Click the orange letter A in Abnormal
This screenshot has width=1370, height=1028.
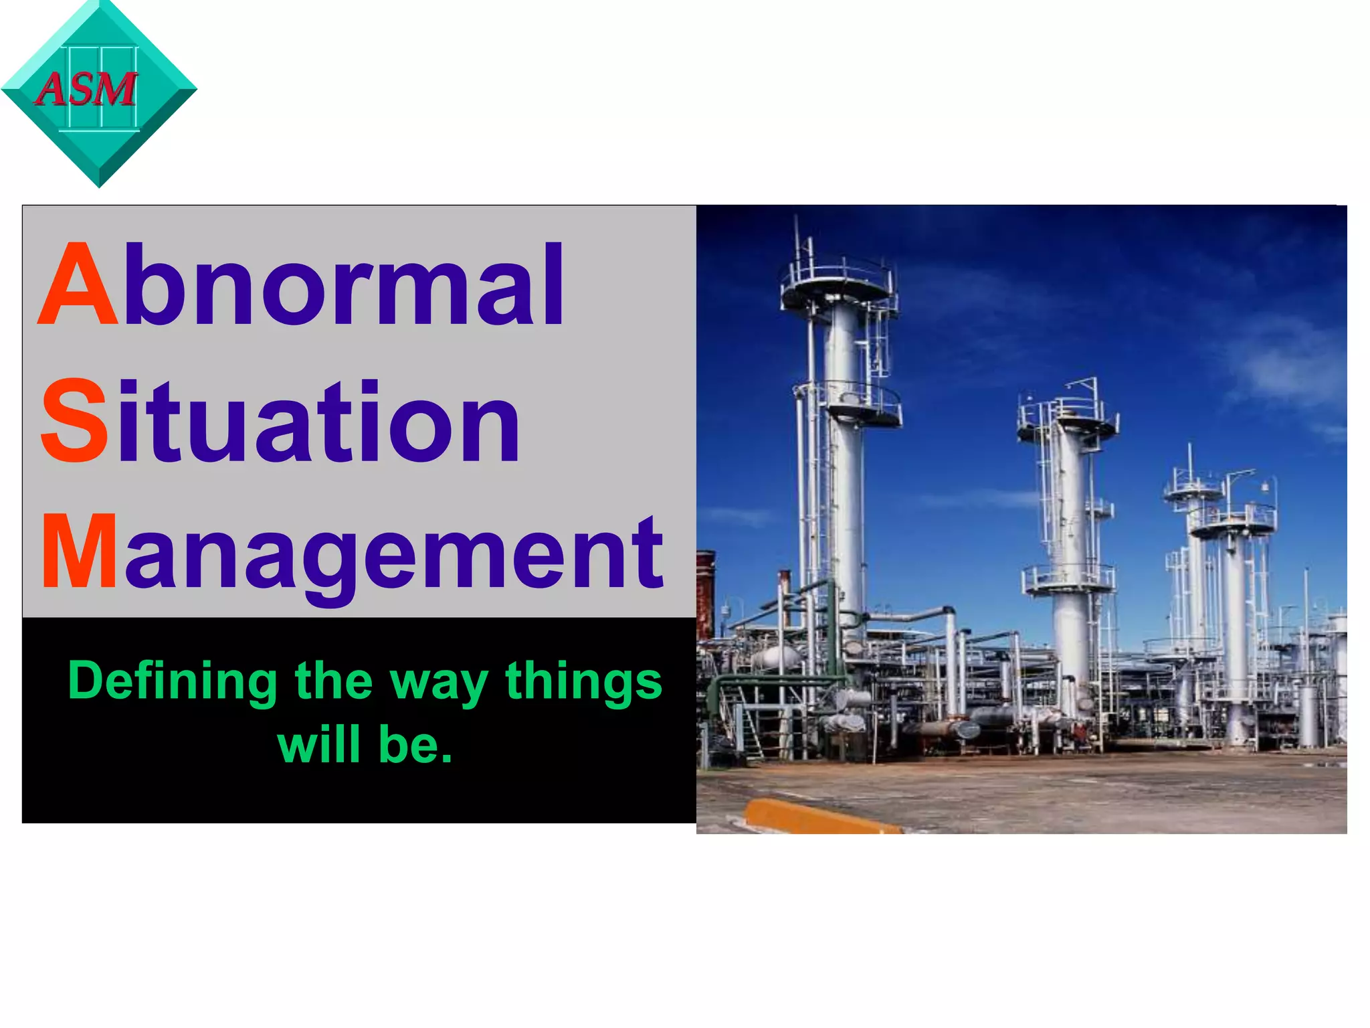(78, 286)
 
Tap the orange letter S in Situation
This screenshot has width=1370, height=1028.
(74, 421)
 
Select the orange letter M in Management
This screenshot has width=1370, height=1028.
(79, 553)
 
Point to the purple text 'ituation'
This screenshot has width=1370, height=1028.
(317, 421)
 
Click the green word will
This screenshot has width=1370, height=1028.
(320, 744)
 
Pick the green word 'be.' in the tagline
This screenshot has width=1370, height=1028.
(415, 744)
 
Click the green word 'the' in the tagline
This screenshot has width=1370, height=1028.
(333, 681)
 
